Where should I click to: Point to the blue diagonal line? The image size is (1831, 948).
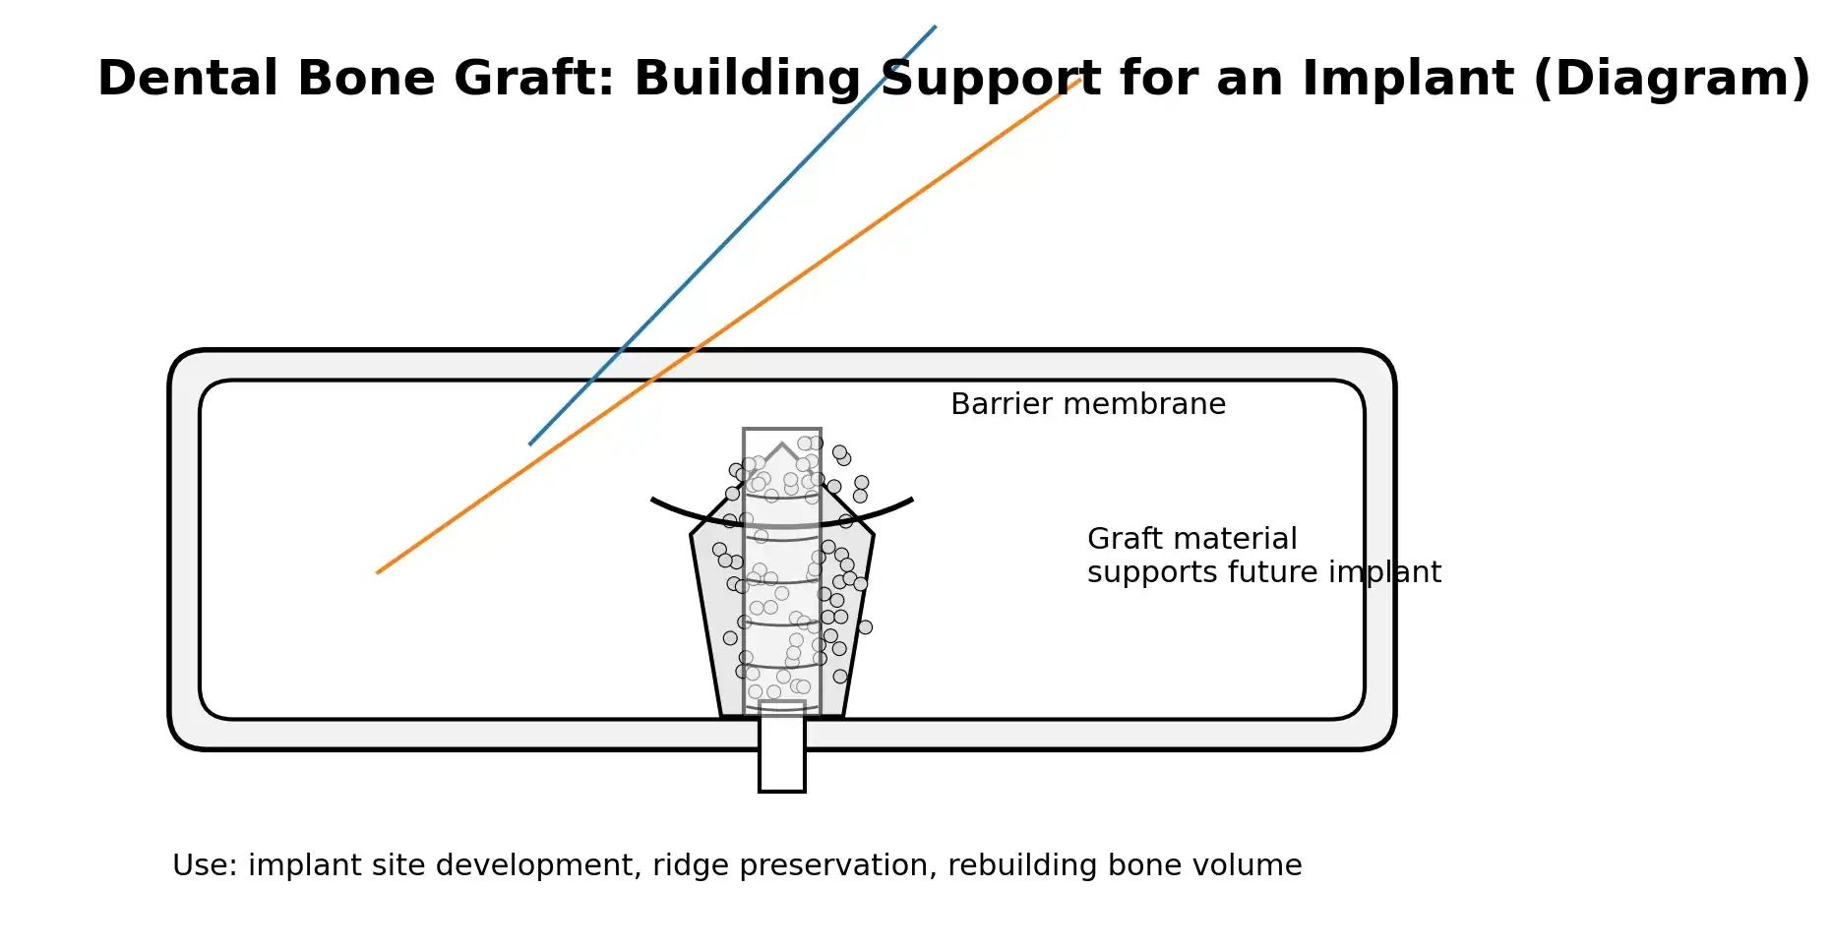[x=732, y=235]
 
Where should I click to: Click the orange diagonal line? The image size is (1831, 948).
[x=729, y=326]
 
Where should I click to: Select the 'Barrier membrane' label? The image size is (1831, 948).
[x=1088, y=404]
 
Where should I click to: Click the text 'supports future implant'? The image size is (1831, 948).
[x=1264, y=573]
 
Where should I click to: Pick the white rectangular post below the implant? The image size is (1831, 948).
[x=782, y=747]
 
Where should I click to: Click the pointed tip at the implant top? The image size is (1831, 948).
[x=782, y=444]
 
